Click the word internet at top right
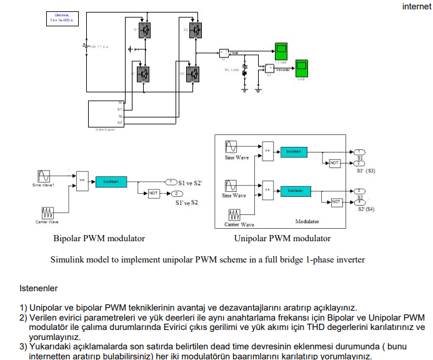[x=416, y=7]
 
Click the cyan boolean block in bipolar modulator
[x=111, y=181]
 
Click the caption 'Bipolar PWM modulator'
[x=99, y=238]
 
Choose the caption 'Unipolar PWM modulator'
[x=282, y=238]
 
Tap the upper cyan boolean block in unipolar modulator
[x=293, y=152]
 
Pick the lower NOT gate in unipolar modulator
[x=336, y=202]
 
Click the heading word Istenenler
[x=39, y=289]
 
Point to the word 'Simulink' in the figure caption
[x=69, y=259]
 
